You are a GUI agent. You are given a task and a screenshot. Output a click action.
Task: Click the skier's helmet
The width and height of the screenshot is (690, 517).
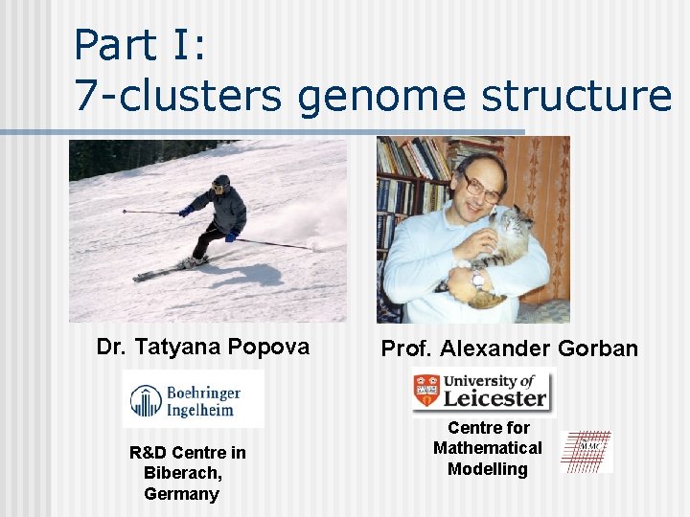[221, 181]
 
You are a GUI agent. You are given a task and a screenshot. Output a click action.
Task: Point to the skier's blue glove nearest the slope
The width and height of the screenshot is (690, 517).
[231, 236]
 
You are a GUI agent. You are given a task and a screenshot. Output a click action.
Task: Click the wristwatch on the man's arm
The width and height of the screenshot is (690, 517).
[476, 281]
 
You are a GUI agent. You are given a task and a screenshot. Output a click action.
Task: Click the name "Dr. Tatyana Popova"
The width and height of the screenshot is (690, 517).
[203, 347]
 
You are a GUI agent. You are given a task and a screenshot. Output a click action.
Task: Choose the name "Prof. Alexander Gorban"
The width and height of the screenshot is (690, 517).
[509, 348]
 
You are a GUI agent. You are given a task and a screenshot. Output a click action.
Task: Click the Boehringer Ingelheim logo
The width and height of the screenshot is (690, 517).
[194, 398]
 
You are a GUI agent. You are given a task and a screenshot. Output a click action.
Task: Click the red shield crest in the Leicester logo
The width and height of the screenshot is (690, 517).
[426, 391]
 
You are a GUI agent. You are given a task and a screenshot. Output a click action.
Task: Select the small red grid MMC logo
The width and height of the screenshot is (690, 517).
[586, 452]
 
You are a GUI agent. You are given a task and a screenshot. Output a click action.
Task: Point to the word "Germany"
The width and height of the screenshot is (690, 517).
[181, 494]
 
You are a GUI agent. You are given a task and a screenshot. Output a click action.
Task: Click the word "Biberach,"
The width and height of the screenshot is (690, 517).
[182, 473]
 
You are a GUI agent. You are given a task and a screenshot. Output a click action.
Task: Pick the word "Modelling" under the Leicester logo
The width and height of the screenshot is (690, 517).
[487, 469]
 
